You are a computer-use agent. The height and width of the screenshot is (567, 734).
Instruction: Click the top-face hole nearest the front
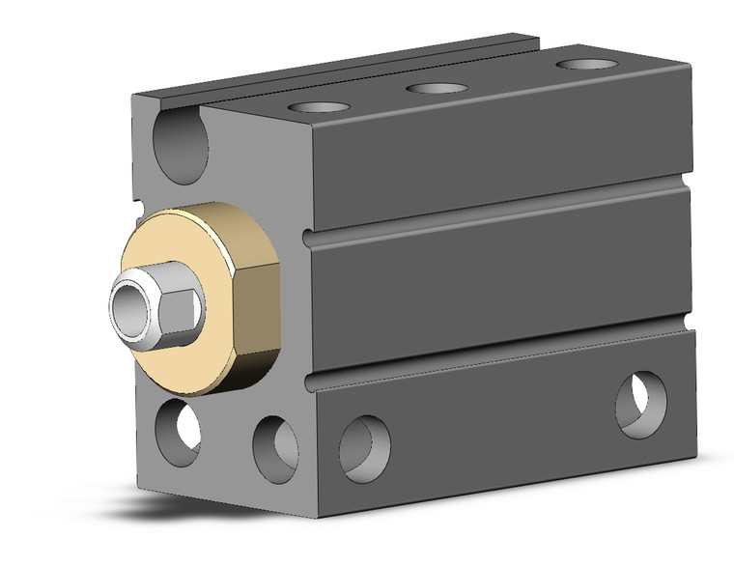[319, 106]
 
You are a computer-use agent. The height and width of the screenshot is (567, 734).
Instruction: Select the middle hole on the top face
[437, 89]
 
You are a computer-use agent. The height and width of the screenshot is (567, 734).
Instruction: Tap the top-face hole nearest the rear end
[587, 65]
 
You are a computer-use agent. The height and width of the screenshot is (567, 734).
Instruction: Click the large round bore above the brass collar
[181, 146]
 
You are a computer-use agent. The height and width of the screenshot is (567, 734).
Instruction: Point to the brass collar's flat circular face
[179, 290]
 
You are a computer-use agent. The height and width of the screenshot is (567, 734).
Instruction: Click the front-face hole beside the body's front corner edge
[275, 447]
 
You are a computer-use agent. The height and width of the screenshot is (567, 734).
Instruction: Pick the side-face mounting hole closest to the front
[365, 447]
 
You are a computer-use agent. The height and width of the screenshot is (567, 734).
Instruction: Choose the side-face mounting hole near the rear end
[640, 403]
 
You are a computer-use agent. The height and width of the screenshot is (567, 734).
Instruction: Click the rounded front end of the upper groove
[308, 239]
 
